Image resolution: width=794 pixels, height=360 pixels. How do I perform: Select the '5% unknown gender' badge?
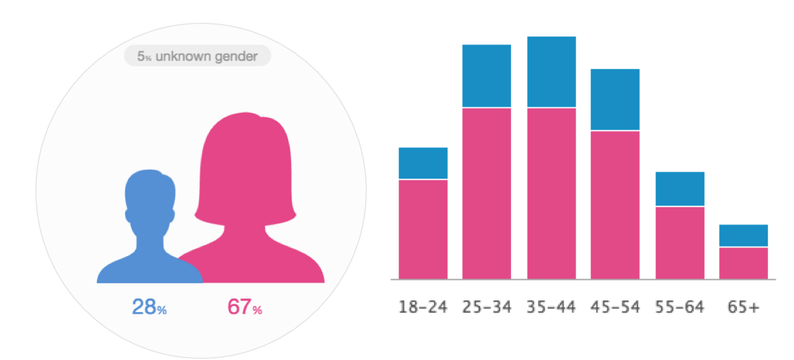coord(198,56)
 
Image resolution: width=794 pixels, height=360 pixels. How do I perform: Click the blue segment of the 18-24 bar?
coord(423,163)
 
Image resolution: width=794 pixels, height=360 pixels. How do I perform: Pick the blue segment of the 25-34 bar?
coord(486,76)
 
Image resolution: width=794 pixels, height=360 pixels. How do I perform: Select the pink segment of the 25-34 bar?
coord(486,193)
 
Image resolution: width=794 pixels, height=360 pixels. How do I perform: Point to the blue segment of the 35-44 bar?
coord(551,72)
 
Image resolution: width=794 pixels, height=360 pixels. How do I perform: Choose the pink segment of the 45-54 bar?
coord(615,204)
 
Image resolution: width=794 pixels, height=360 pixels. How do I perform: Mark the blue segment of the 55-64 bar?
coord(680,189)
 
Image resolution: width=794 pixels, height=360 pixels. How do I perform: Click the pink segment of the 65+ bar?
coord(743,263)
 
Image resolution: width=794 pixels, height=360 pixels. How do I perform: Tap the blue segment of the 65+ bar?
coord(743,235)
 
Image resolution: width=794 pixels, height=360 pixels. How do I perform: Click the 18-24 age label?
coord(423,308)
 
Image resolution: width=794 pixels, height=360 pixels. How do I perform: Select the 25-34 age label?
coord(486,308)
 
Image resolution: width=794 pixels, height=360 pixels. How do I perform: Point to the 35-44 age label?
coord(551,308)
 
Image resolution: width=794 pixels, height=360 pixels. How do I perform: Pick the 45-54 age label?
coord(615,308)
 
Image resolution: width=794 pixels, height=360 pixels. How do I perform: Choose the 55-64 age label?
coord(680,308)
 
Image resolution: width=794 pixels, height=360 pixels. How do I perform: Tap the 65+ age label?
coord(743,308)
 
